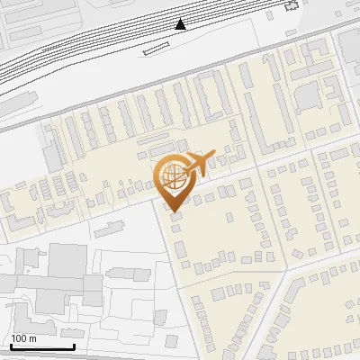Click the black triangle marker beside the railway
(182, 23)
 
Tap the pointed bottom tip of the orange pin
(173, 211)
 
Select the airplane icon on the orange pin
(197, 164)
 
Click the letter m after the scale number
(33, 338)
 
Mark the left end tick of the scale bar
(11, 346)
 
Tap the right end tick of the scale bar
(74, 346)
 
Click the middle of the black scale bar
(42, 347)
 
